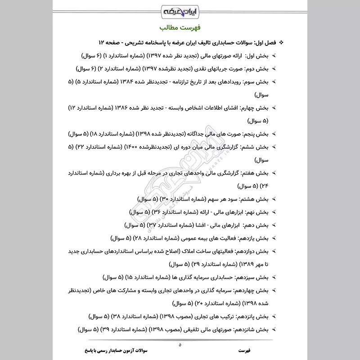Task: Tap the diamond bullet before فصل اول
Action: [x=282, y=42]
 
